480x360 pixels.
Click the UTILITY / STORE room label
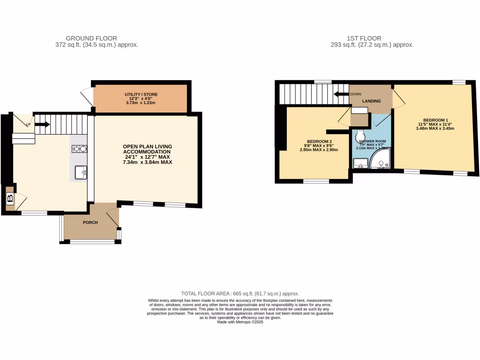(141, 94)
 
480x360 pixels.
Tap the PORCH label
(90, 222)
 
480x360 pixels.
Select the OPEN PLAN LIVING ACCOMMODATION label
(147, 152)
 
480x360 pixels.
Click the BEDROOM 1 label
(435, 120)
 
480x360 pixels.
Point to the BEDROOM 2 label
(319, 142)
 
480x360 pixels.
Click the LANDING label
(371, 101)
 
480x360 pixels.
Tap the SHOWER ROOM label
(372, 141)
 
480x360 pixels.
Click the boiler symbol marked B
(10, 199)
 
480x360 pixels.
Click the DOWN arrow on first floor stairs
(340, 94)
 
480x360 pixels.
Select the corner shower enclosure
(380, 160)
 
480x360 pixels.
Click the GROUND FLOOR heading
(91, 38)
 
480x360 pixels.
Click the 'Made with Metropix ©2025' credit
(240, 322)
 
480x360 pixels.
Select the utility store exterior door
(86, 97)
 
